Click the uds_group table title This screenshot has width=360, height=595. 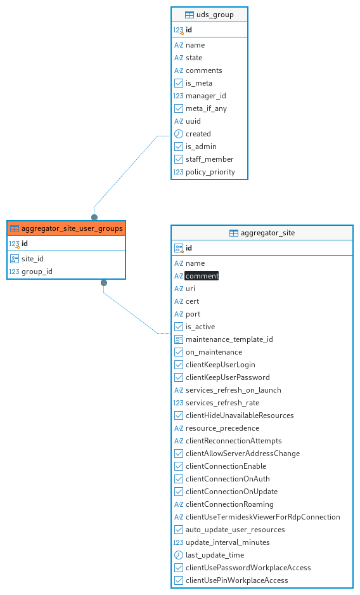point(215,15)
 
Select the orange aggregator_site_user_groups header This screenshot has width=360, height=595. point(66,228)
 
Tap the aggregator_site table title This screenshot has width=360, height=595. point(267,233)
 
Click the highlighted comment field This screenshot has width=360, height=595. point(202,276)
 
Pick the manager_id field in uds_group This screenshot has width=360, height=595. point(205,96)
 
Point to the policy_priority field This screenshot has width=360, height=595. point(210,172)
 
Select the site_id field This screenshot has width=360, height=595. point(32,259)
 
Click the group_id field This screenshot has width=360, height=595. point(37,271)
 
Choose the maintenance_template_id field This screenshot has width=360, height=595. point(229,339)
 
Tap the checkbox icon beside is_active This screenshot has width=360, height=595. point(179,327)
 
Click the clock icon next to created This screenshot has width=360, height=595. point(179,134)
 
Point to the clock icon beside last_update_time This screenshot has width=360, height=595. point(179,555)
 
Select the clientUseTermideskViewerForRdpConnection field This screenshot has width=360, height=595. point(263,517)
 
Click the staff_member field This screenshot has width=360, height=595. point(209,159)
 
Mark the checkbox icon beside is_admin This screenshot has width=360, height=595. point(179,147)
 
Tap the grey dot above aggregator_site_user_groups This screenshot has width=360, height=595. point(94,218)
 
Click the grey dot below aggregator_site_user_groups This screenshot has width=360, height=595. point(104,283)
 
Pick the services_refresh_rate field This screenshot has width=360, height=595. point(222,403)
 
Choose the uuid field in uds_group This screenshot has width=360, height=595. point(193,121)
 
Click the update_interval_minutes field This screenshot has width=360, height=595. point(228,542)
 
